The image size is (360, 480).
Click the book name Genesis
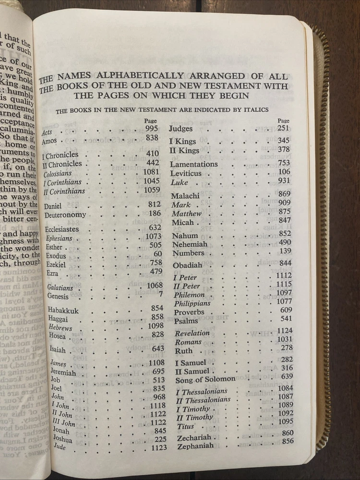58,296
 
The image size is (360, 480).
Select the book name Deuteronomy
65,215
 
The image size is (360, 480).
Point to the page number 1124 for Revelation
284,331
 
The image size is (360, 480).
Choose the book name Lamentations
194,164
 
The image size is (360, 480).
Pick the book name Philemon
189,295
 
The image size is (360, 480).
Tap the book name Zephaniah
195,446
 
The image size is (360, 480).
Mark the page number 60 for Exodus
158,253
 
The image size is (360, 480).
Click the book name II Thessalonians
203,400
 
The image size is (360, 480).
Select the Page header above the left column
150,121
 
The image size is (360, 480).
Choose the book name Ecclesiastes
62,229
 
